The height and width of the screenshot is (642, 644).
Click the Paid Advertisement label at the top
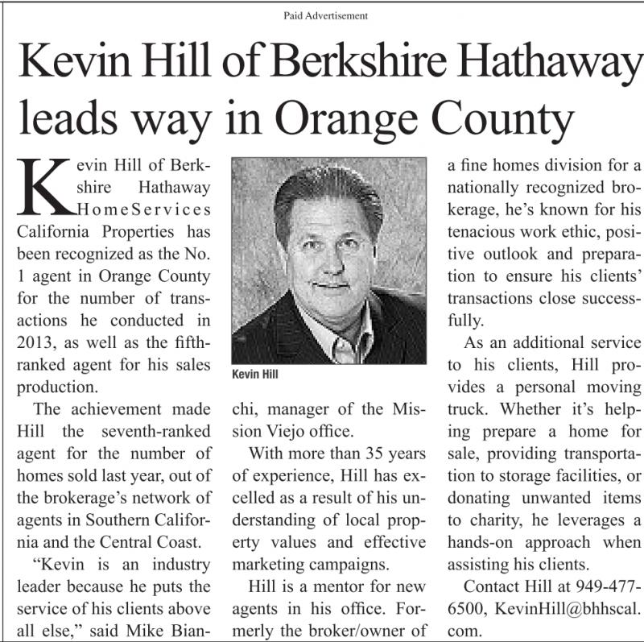[325, 15]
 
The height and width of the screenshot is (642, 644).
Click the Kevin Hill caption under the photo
[254, 375]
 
